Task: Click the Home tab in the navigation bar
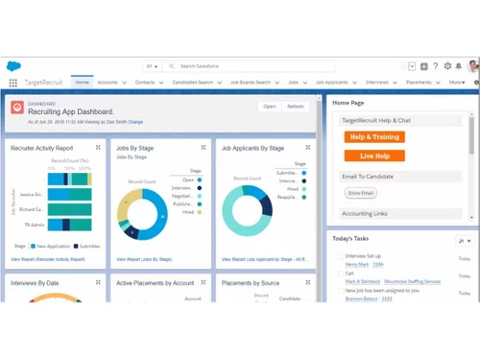82,83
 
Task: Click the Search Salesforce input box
250,66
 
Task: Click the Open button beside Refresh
269,107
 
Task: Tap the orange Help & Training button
374,137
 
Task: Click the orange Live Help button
374,156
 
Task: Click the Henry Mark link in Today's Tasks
357,264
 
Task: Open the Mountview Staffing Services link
413,281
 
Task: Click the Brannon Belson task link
361,299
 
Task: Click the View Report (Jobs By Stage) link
144,259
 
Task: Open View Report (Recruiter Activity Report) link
48,259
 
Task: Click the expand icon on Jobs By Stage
204,148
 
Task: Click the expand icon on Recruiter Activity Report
98,148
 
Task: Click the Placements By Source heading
250,283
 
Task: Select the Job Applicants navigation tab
331,83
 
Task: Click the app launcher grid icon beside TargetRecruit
13,84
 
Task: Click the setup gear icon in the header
447,66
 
